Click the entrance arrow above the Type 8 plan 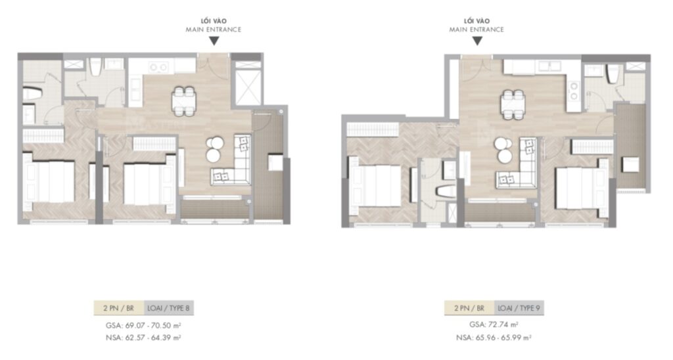click(214, 41)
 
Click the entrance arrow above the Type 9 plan click(477, 41)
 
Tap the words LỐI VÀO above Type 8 click(214, 21)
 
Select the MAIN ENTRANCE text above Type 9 click(477, 30)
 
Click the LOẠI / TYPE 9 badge click(518, 307)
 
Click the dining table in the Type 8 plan click(183, 101)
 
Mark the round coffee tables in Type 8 click(214, 149)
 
